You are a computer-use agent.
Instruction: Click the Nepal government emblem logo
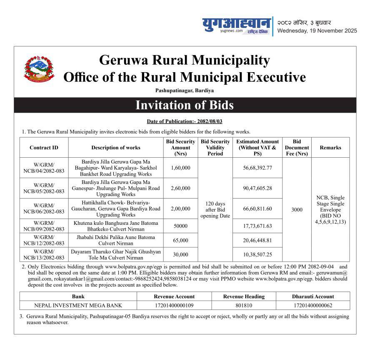tap(39, 68)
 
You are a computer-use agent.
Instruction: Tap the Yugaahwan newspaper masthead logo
tap(236, 25)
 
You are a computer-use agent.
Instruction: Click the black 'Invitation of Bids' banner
tap(185, 105)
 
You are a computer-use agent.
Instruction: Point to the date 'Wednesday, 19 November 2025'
tap(317, 30)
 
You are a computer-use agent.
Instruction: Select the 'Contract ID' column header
tap(44, 148)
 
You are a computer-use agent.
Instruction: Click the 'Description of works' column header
tap(116, 148)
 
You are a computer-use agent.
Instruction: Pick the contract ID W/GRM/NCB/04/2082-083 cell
tap(44, 168)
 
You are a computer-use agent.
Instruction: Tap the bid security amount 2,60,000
tap(180, 188)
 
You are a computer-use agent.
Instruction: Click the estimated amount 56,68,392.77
tap(257, 168)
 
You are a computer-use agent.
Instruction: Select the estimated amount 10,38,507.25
tap(257, 254)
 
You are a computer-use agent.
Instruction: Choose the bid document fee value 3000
tap(297, 210)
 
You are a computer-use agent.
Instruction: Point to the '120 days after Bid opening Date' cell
tap(215, 209)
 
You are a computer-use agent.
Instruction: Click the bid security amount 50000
tap(180, 226)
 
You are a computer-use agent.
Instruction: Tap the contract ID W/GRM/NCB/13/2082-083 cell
tap(44, 254)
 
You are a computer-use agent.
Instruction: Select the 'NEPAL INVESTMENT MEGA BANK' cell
tap(78, 305)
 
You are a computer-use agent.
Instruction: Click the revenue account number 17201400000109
tap(174, 305)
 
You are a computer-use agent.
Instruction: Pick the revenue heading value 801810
tap(244, 305)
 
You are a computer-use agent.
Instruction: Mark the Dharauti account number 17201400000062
tap(313, 305)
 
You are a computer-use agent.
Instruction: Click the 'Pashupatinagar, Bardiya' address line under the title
tap(185, 90)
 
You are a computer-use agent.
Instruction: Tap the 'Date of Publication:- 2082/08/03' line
tap(185, 121)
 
